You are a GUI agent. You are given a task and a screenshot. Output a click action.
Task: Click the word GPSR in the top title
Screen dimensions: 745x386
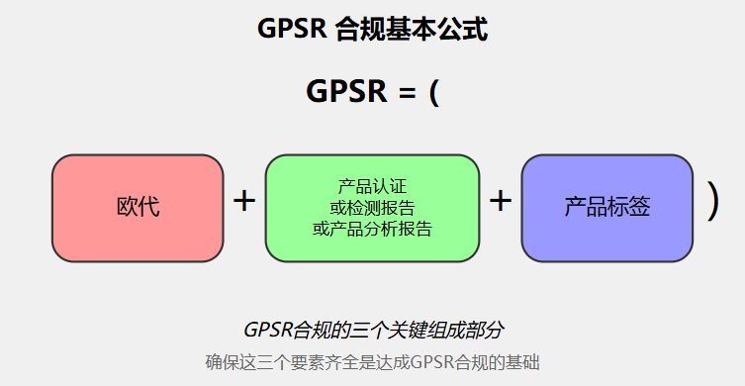pos(292,29)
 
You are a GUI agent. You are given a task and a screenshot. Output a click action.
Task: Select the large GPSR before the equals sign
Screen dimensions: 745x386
pos(346,90)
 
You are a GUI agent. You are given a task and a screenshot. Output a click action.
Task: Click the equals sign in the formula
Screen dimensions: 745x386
pos(408,92)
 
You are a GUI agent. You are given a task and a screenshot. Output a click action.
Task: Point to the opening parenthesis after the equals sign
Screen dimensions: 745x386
pos(433,92)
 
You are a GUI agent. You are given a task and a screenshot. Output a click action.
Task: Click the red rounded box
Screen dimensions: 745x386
pos(138,208)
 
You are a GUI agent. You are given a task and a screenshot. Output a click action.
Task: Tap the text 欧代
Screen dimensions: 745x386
pos(138,207)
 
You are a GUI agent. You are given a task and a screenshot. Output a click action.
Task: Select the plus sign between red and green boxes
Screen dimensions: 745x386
pos(244,201)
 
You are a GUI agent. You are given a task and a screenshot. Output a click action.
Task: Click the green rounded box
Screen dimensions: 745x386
pos(372,208)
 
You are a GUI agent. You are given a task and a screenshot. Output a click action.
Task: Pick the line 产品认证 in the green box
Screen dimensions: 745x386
pos(372,186)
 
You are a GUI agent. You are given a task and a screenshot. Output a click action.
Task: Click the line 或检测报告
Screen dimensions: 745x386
pos(372,208)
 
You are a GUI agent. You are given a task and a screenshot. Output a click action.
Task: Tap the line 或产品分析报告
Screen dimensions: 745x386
pos(372,229)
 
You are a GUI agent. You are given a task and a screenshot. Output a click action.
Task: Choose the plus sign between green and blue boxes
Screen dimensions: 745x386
pos(501,201)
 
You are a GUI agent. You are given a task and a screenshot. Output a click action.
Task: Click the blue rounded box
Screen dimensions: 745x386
pos(606,208)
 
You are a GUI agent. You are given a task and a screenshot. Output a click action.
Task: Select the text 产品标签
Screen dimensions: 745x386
pos(606,207)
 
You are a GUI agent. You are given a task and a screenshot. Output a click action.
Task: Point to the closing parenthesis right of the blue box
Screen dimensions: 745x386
pos(712,202)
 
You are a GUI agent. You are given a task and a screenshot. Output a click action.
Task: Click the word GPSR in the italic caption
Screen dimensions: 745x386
pos(267,330)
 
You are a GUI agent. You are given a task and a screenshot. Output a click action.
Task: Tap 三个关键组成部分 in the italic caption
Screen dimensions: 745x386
pos(425,330)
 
